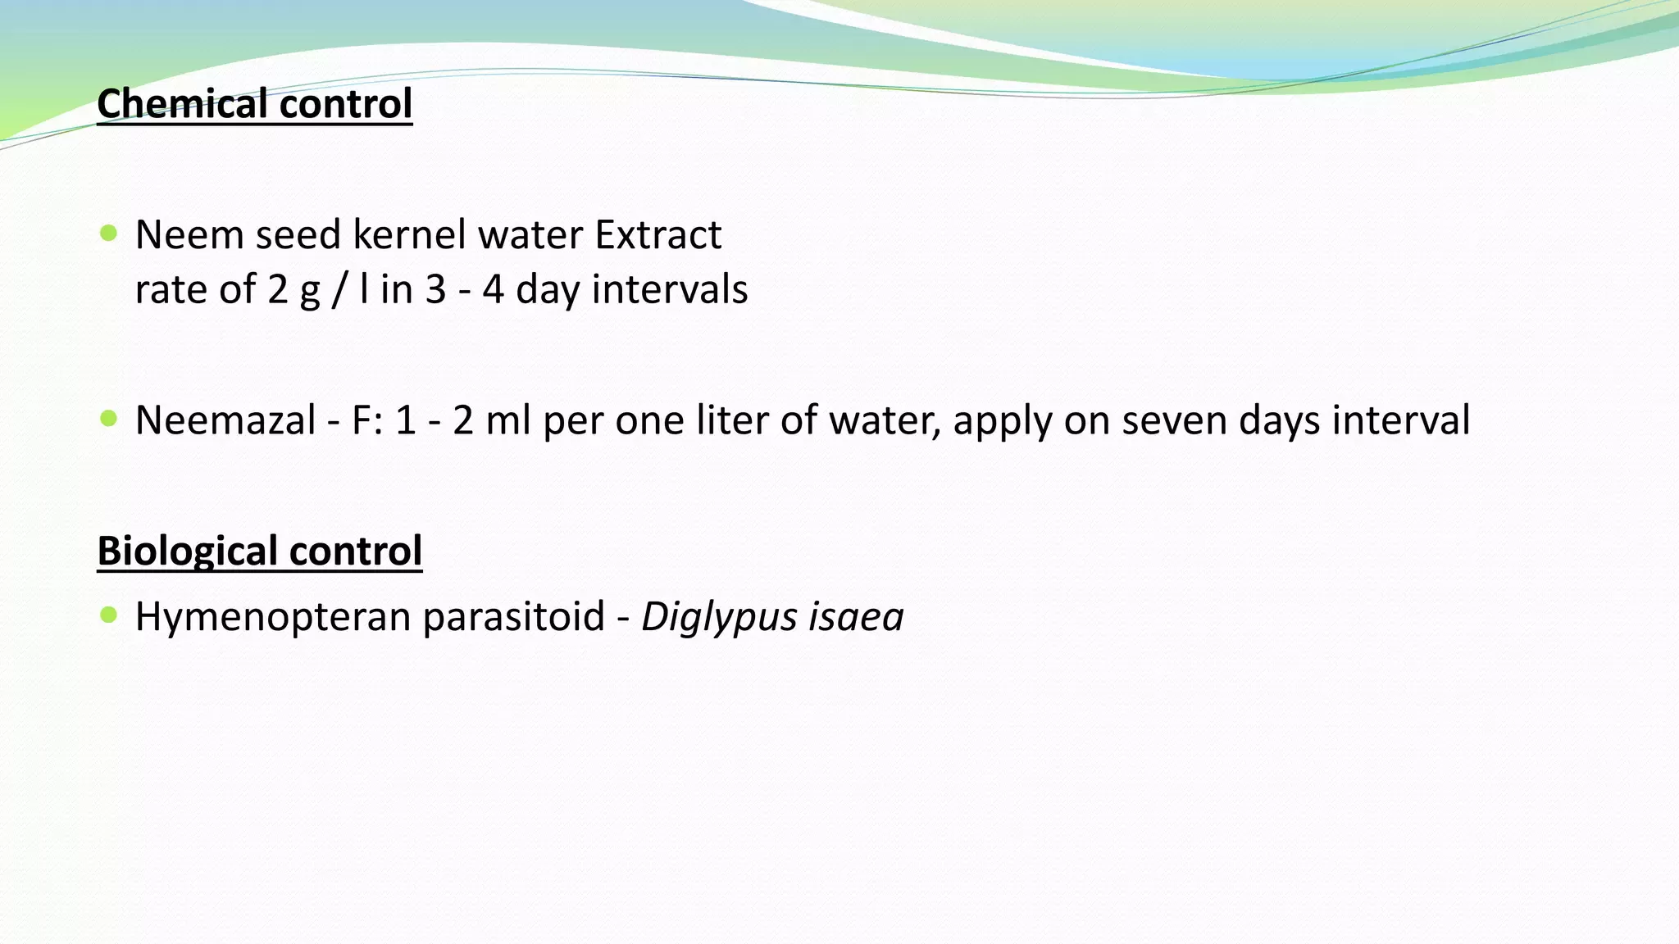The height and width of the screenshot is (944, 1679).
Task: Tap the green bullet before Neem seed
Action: pyautogui.click(x=108, y=234)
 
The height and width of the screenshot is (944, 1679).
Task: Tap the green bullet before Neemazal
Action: pyautogui.click(x=108, y=419)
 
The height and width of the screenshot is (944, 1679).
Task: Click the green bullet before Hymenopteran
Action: pyautogui.click(x=108, y=615)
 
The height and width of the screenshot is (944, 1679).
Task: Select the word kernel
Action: pyautogui.click(x=409, y=235)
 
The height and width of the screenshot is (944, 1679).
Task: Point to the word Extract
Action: pyautogui.click(x=657, y=235)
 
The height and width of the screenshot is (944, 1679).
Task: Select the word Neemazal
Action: pyautogui.click(x=225, y=420)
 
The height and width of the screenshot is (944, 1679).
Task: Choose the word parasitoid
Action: pyautogui.click(x=513, y=617)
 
